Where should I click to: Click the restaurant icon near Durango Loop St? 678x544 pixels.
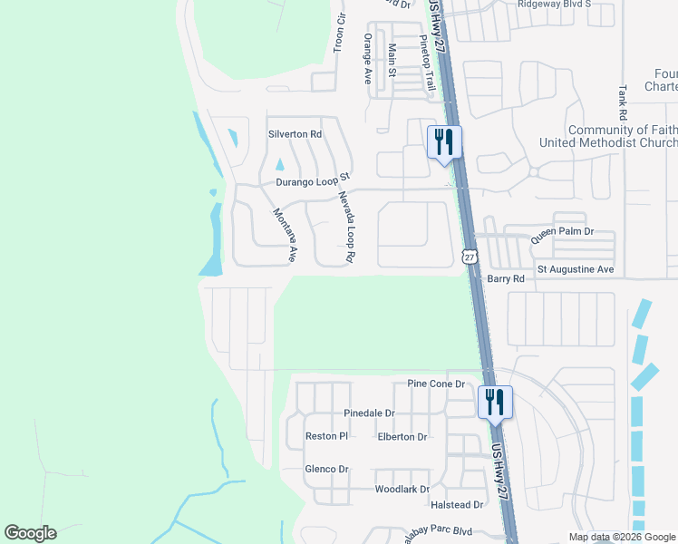[444, 141]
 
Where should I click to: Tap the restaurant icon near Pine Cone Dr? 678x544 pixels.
[495, 402]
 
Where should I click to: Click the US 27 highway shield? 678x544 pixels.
[470, 257]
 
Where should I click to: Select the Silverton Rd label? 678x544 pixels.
[295, 134]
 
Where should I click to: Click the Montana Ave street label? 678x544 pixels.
[286, 235]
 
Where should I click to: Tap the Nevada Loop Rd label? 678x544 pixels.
[345, 227]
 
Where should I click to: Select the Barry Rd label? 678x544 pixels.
[506, 279]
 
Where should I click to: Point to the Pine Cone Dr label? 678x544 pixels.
[435, 384]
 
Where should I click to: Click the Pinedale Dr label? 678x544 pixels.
[370, 413]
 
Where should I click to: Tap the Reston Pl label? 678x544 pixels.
[326, 436]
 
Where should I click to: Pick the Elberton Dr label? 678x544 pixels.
[402, 437]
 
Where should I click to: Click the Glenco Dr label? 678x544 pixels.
[326, 469]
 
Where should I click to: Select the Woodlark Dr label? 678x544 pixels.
[402, 490]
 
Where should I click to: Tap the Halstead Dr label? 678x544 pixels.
[458, 504]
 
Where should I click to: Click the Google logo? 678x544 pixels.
[30, 533]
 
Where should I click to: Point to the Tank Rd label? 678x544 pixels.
[623, 103]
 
